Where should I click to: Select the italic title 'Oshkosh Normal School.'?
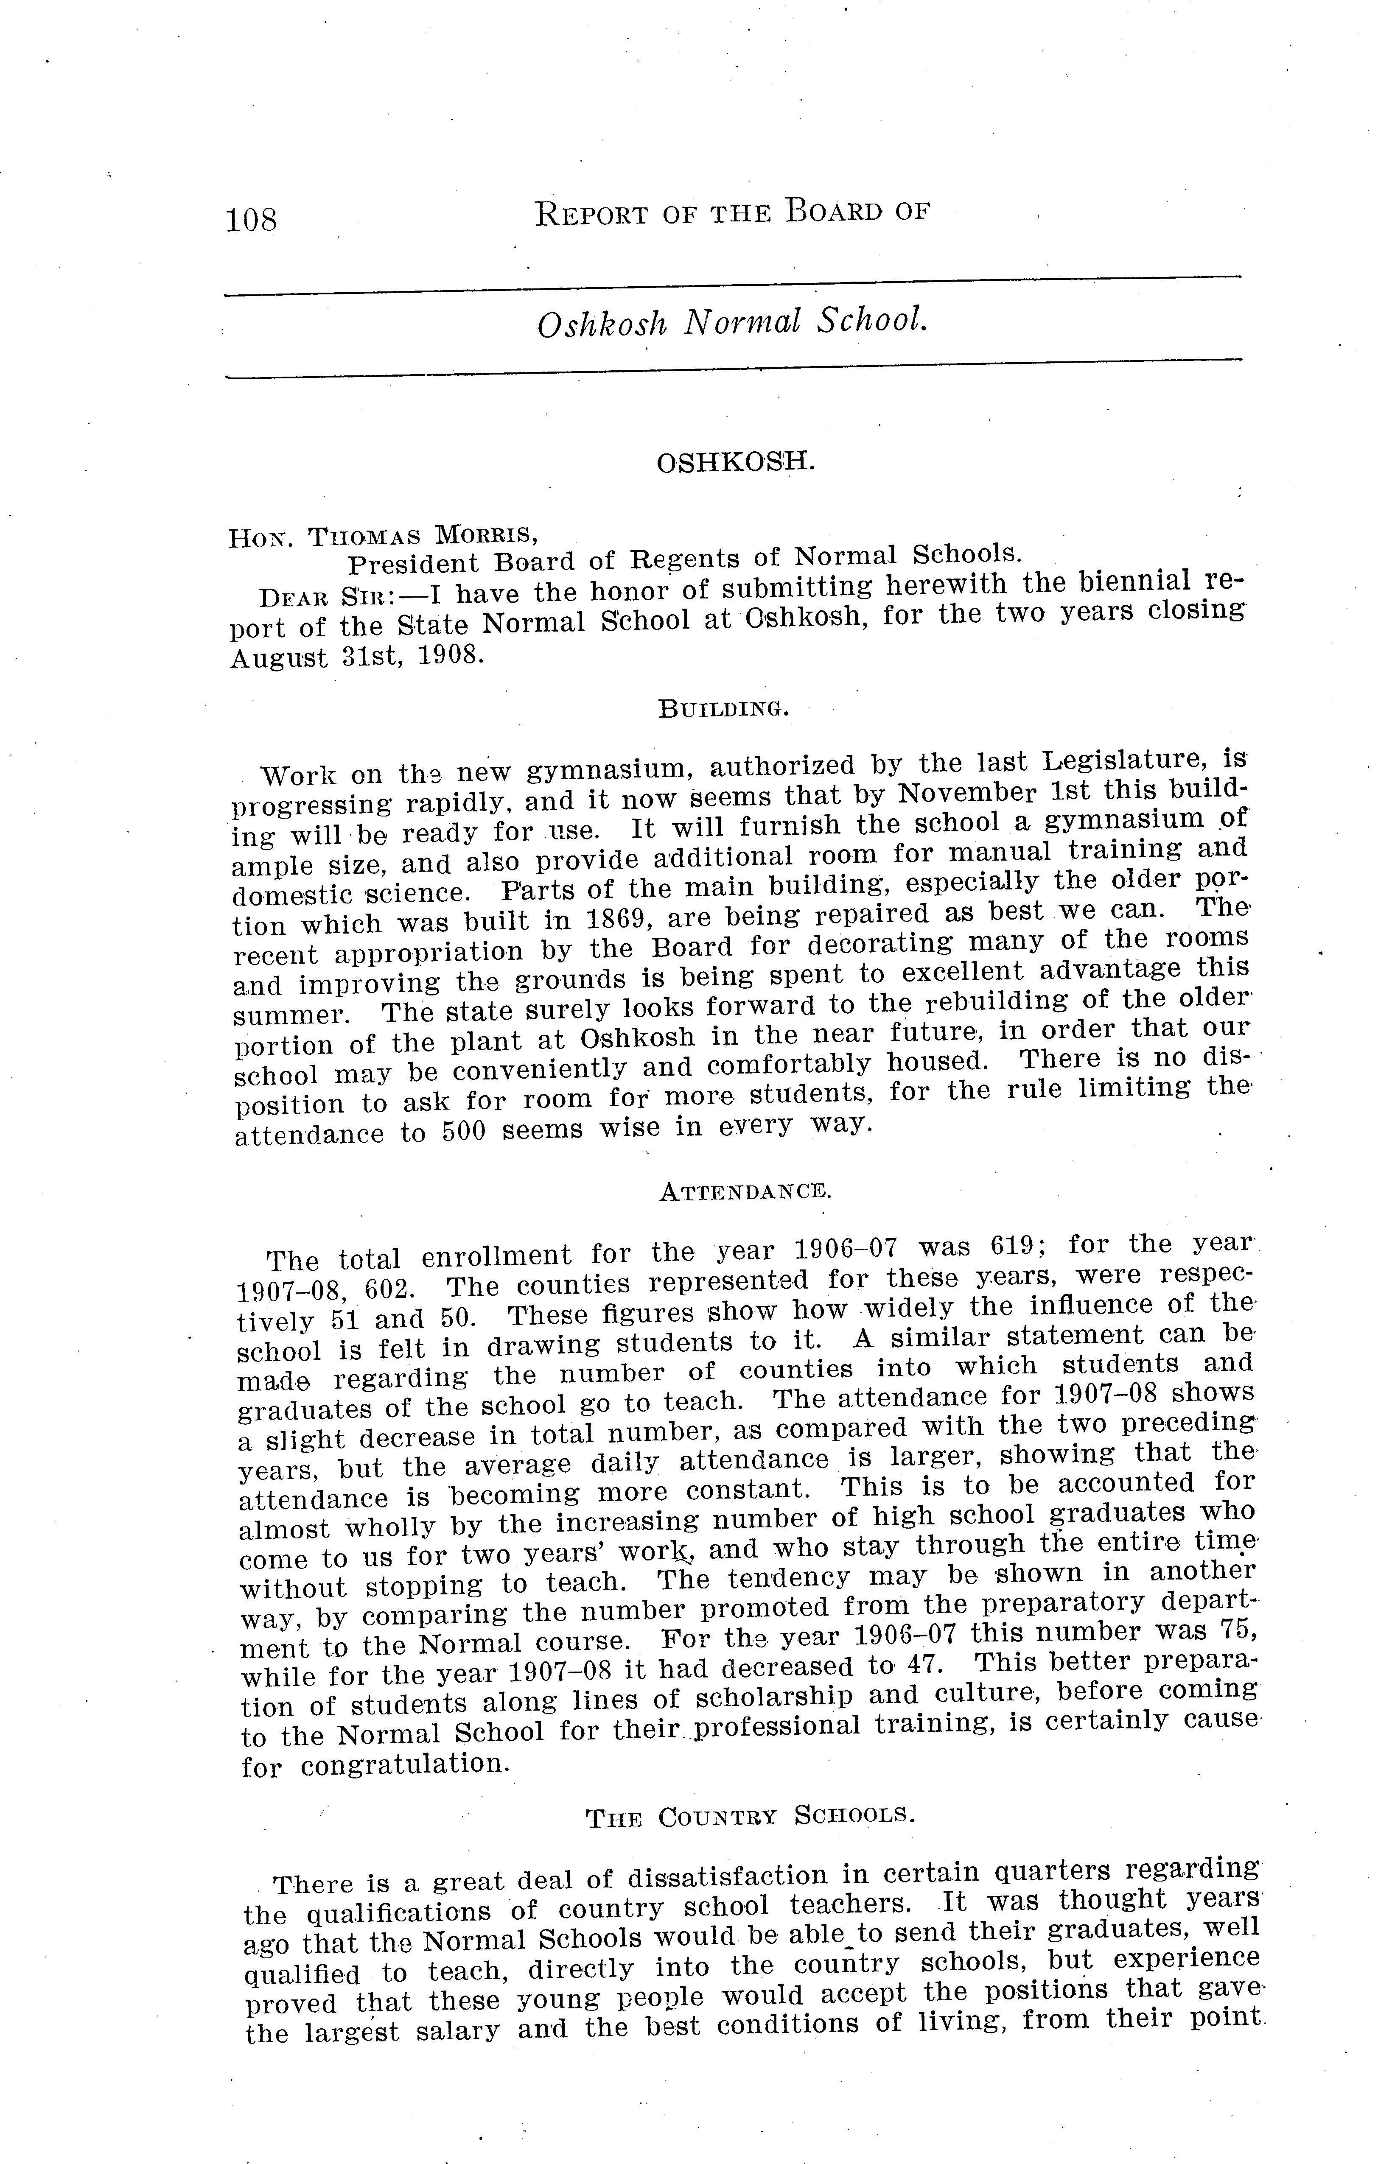click(732, 322)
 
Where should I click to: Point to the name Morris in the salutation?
click(486, 535)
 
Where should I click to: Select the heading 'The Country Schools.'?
click(750, 1816)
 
